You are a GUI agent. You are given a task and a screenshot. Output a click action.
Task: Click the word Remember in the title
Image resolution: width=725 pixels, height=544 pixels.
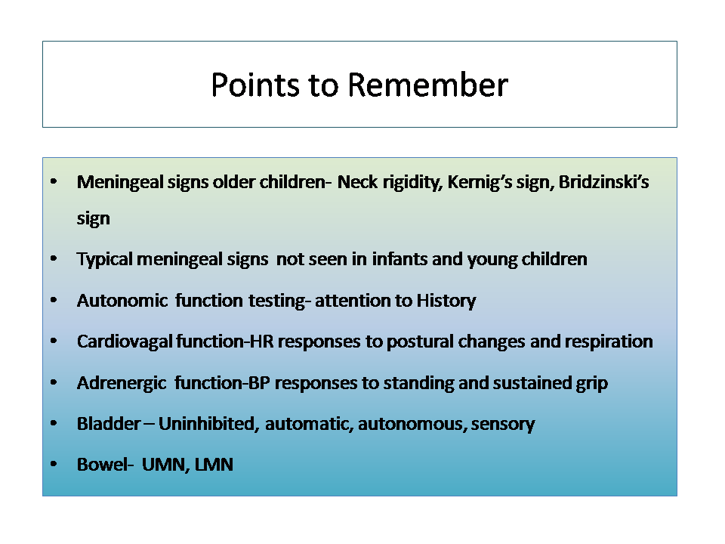point(427,85)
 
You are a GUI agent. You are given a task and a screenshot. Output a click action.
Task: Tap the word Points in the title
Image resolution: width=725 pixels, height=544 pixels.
point(255,85)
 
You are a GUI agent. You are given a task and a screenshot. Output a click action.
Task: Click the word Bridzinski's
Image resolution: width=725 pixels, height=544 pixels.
point(604,182)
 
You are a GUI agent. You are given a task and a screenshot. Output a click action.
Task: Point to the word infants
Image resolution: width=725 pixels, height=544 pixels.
point(400,259)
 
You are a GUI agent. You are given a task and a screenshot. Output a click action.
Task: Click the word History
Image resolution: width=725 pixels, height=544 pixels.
point(446,301)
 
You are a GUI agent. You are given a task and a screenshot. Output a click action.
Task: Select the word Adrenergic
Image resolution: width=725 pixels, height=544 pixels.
point(122,384)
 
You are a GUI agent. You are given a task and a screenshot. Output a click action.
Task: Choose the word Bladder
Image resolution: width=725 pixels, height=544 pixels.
point(109,424)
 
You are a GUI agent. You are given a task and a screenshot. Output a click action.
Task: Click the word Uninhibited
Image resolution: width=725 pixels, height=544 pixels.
point(206,424)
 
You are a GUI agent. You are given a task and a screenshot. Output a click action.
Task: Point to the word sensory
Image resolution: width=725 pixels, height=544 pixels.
point(503,425)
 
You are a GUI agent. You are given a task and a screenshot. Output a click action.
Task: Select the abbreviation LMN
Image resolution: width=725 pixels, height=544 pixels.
point(214,465)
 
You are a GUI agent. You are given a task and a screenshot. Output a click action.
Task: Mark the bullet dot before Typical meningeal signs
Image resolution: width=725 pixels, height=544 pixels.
point(54,259)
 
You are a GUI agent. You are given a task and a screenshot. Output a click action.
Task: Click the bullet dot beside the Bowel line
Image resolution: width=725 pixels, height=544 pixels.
point(54,464)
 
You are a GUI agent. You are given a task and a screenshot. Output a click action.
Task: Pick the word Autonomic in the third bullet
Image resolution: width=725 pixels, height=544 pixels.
point(122,301)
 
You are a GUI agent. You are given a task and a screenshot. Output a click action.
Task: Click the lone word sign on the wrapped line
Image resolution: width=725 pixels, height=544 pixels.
point(94,218)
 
